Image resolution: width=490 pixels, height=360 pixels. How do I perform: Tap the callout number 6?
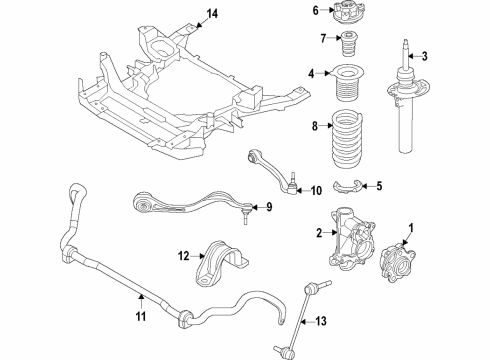(315, 11)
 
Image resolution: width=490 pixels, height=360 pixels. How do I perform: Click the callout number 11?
(139, 318)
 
